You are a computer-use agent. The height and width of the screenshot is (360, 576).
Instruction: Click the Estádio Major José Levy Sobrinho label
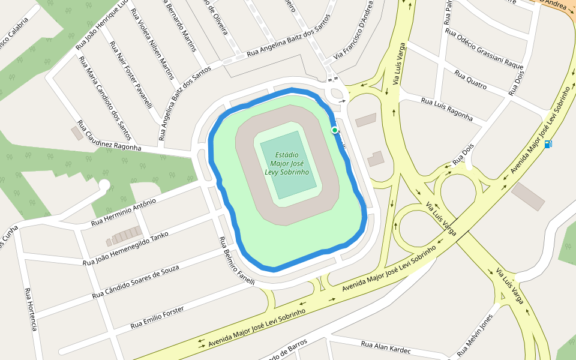pyautogui.click(x=287, y=163)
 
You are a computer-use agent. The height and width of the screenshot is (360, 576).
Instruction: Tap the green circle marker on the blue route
pyautogui.click(x=334, y=130)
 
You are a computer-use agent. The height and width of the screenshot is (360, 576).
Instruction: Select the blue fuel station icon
pyautogui.click(x=548, y=144)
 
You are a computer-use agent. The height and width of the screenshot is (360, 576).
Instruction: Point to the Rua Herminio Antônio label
pyautogui.click(x=123, y=212)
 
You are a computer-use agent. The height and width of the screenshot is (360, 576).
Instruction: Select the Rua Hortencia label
pyautogui.click(x=31, y=309)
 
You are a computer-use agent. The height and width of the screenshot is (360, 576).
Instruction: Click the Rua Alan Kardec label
pyautogui.click(x=386, y=347)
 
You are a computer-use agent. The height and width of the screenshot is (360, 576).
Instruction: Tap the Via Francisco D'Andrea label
pyautogui.click(x=358, y=29)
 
